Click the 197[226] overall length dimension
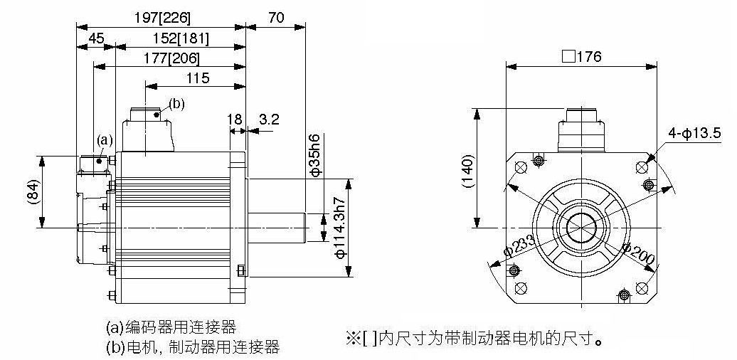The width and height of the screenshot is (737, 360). (x=162, y=18)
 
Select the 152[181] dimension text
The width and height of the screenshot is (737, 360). (x=181, y=38)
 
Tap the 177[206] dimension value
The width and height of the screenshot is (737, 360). (x=171, y=59)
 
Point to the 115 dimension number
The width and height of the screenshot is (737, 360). (x=198, y=78)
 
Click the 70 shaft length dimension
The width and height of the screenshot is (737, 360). (x=276, y=18)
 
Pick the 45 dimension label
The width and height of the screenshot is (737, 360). (x=96, y=38)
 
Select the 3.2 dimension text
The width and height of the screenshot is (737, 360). (x=269, y=119)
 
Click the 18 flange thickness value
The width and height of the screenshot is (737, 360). (x=235, y=119)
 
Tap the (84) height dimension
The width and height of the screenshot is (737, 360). (x=32, y=192)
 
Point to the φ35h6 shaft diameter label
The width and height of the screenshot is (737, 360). (x=316, y=155)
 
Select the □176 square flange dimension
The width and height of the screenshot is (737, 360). (x=581, y=57)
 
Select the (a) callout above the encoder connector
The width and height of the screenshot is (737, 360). (x=105, y=139)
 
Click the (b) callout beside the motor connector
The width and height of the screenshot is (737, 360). (x=176, y=104)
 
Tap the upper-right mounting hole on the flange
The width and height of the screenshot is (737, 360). (x=642, y=167)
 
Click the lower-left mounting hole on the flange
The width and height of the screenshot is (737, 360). (x=521, y=287)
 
